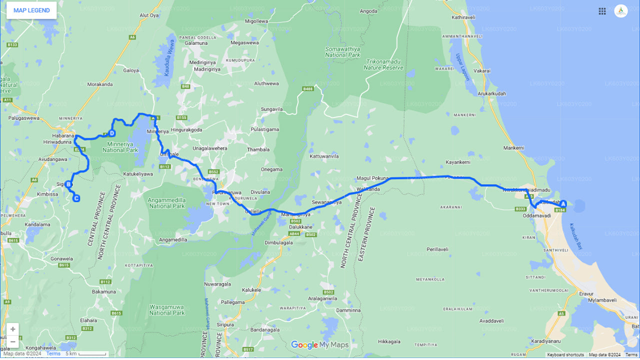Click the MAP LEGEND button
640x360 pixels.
tap(31, 10)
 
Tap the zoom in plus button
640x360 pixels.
tap(13, 329)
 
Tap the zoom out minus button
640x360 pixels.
tap(13, 341)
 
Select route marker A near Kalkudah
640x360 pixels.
tap(563, 203)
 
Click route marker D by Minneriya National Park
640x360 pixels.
tap(112, 133)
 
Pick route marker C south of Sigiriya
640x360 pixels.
tap(76, 198)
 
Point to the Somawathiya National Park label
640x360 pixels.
tap(342, 52)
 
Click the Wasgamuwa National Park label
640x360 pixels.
tap(167, 310)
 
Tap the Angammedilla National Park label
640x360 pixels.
tap(167, 203)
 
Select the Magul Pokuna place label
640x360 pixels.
tap(372, 178)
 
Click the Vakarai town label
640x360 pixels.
tap(482, 71)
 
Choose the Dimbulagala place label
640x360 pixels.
tap(278, 243)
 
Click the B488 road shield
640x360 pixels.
tap(308, 89)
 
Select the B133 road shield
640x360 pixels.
tap(12, 45)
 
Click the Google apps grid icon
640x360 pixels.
tap(602, 11)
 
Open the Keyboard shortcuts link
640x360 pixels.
tap(565, 355)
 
